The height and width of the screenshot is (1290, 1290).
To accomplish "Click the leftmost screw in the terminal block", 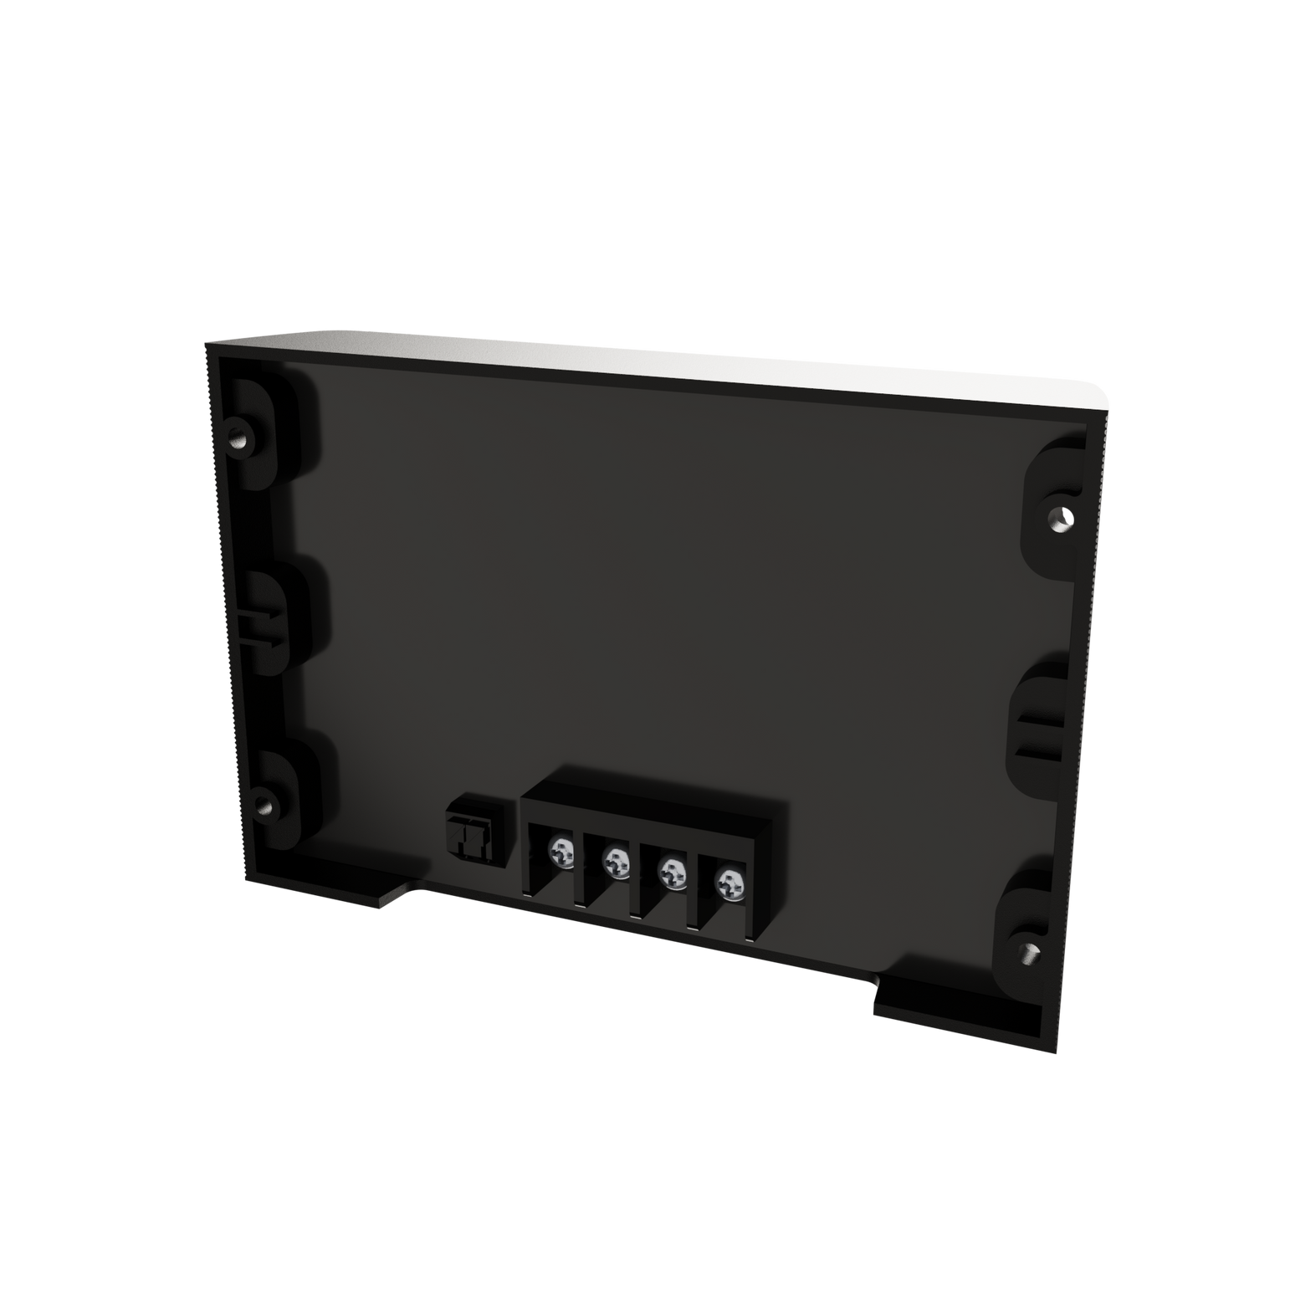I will [x=561, y=852].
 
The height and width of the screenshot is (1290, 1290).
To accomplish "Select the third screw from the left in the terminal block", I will [x=670, y=872].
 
